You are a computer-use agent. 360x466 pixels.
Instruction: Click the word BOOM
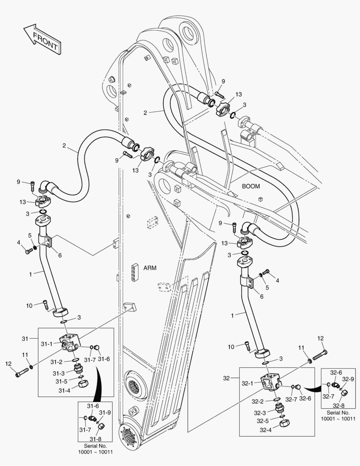[x=250, y=186]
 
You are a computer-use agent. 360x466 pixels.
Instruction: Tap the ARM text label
[x=150, y=268]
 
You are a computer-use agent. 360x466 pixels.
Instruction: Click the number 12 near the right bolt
[x=320, y=339]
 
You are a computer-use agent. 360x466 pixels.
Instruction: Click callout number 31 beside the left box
[x=25, y=338]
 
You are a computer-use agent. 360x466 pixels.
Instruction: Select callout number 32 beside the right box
[x=227, y=378]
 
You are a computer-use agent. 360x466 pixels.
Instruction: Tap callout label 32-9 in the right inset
[x=348, y=379]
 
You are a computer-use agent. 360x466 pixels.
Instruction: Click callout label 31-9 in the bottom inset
[x=105, y=412]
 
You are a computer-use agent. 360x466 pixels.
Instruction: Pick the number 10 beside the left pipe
[x=29, y=305]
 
